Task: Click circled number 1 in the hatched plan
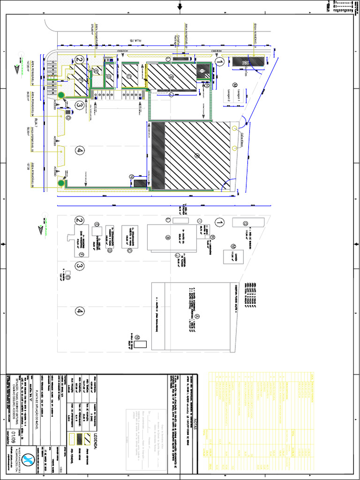click(219, 60)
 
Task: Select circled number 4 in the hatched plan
click(80, 150)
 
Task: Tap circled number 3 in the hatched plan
click(80, 106)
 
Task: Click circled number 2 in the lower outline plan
click(80, 220)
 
